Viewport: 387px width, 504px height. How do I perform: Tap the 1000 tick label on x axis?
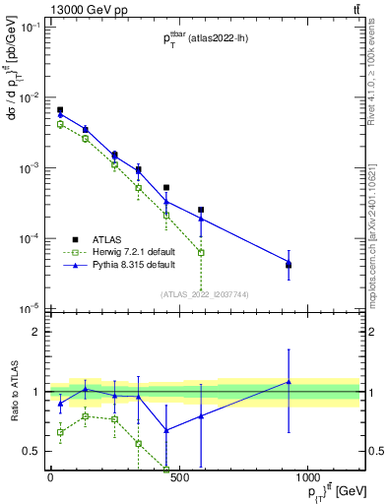click(x=308, y=477)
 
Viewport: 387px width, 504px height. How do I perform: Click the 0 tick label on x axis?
click(x=50, y=477)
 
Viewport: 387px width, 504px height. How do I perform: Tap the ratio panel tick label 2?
click(x=34, y=332)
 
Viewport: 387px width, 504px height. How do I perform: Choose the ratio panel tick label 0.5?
click(x=30, y=451)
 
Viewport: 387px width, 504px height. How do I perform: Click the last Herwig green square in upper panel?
click(x=201, y=253)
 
